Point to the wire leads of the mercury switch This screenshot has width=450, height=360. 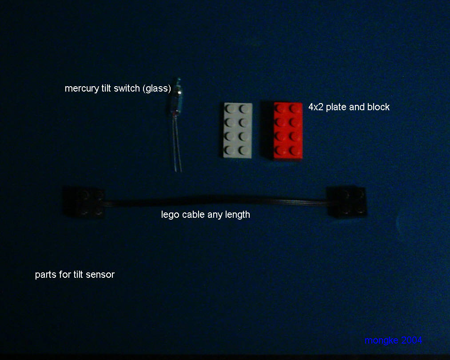click(178, 143)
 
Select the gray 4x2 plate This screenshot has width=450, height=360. click(238, 130)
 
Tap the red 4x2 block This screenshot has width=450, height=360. click(287, 130)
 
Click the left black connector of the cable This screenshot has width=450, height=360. click(84, 202)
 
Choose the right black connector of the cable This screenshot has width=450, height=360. click(347, 202)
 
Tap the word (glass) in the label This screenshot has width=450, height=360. click(157, 88)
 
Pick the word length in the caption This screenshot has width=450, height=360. click(237, 215)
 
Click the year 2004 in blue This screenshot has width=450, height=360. click(412, 340)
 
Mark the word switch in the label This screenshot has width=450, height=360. click(127, 88)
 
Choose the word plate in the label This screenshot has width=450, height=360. click(336, 107)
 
